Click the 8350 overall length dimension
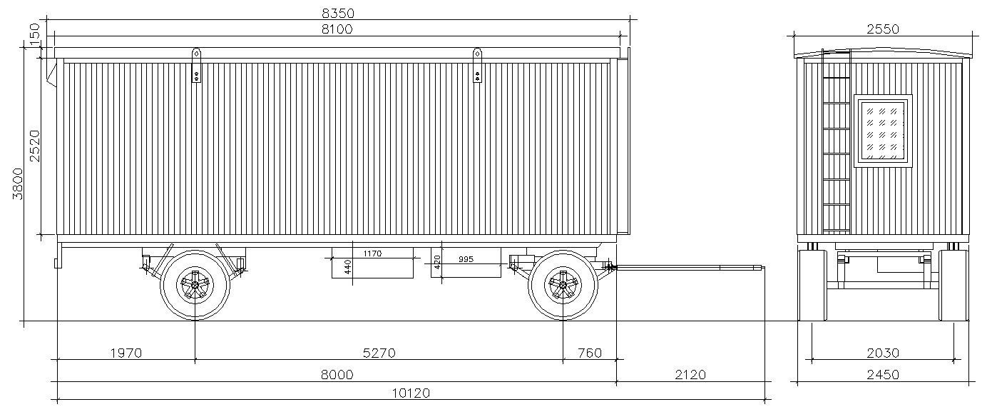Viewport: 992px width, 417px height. point(338,14)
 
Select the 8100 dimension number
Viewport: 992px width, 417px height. point(337,29)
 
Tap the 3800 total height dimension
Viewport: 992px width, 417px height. point(18,184)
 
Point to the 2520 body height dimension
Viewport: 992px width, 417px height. point(34,146)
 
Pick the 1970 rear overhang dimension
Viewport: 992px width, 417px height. point(126,353)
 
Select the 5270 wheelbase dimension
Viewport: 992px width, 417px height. point(379,353)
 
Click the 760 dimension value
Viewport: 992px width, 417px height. point(590,353)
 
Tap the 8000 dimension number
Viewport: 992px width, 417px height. point(337,375)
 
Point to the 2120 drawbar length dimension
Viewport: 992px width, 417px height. point(690,375)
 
